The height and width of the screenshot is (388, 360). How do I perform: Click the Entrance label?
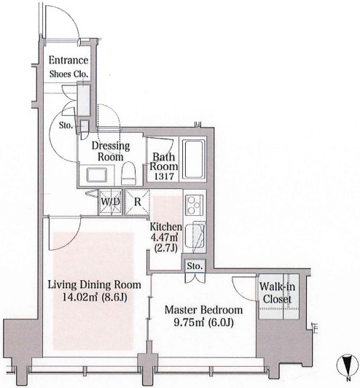(x=69, y=60)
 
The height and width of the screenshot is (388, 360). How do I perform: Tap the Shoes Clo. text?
(x=69, y=74)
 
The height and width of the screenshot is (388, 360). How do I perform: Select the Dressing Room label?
(x=111, y=151)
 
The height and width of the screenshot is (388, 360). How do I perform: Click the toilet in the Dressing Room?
(x=129, y=173)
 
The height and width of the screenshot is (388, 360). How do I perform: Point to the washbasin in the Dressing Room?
(x=97, y=175)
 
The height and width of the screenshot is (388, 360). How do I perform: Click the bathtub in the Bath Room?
(x=194, y=159)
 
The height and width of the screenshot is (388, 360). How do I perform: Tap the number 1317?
(x=164, y=176)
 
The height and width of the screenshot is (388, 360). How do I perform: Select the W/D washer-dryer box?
(x=111, y=202)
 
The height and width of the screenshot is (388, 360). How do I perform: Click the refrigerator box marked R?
(x=137, y=202)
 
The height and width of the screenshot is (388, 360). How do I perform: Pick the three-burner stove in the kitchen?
(x=195, y=205)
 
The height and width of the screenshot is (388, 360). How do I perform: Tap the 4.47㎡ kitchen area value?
(x=164, y=237)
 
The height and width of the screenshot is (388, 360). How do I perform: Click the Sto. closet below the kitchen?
(x=195, y=266)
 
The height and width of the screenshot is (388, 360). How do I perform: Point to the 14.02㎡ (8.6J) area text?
(x=95, y=297)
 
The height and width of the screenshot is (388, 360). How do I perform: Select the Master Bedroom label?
(x=203, y=310)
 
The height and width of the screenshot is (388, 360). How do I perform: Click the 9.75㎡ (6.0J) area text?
(x=203, y=322)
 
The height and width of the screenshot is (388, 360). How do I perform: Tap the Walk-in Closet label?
(x=277, y=293)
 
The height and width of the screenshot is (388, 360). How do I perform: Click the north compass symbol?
(x=348, y=365)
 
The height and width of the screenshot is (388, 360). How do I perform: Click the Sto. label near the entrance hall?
(x=66, y=125)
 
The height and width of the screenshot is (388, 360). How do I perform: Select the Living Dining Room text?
(x=95, y=285)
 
